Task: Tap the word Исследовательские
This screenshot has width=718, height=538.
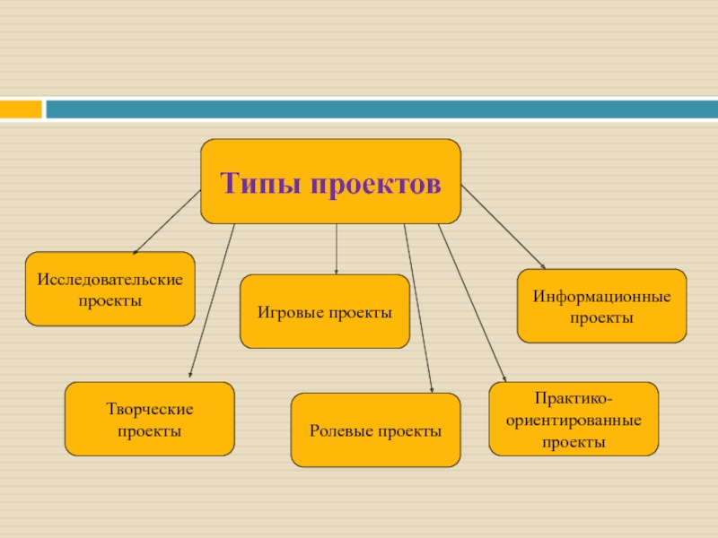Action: click(109, 280)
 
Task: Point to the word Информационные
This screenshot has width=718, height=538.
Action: click(602, 297)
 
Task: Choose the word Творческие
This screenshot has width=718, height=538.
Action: click(150, 410)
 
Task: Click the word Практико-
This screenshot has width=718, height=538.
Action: click(574, 399)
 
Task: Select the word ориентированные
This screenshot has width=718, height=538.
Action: click(574, 421)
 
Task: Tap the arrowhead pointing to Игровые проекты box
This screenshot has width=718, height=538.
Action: click(337, 271)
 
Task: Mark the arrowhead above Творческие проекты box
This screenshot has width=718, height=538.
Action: click(188, 377)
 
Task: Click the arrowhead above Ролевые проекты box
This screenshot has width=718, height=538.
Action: click(432, 389)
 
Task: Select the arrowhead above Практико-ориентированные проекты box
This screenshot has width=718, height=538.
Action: click(504, 379)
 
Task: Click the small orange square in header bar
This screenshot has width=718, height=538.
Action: click(21, 109)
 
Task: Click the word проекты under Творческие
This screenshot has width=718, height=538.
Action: click(150, 431)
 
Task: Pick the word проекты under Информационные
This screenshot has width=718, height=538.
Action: click(602, 318)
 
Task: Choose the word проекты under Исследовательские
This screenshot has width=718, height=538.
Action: click(109, 300)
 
